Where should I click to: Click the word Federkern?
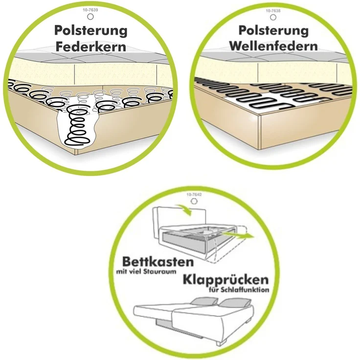(91, 46)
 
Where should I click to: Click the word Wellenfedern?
(273, 46)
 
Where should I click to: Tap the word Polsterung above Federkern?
(91, 31)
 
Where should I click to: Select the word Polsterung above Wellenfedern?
(273, 30)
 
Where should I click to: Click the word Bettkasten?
(158, 262)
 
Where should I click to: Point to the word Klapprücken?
(225, 279)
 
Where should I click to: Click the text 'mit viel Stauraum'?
(146, 271)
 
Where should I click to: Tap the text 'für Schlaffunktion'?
(239, 290)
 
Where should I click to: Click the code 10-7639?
(90, 10)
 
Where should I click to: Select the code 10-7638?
(273, 11)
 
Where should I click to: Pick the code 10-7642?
(194, 195)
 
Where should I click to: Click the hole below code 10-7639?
(90, 17)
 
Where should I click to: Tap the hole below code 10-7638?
(273, 17)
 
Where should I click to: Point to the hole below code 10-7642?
(194, 201)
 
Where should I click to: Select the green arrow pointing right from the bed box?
(238, 236)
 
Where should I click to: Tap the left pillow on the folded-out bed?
(204, 301)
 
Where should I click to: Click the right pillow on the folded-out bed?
(234, 303)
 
